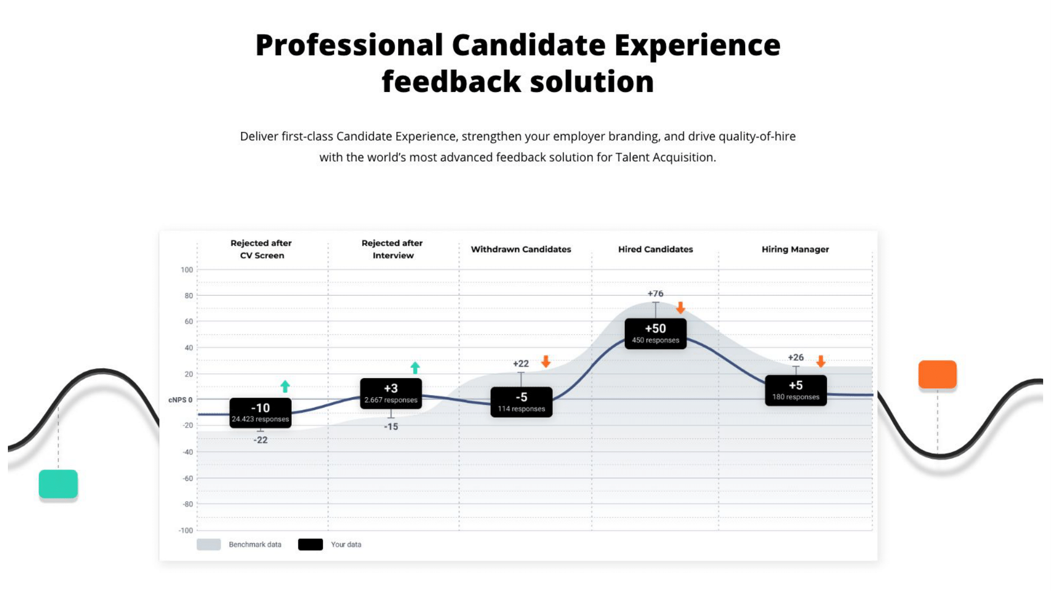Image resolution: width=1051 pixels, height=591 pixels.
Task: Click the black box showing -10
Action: (x=261, y=413)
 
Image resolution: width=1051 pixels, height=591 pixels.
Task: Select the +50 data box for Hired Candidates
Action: (x=655, y=334)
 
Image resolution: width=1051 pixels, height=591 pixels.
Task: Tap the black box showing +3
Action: (x=390, y=393)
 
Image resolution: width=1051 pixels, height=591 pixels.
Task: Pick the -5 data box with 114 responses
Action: (x=521, y=402)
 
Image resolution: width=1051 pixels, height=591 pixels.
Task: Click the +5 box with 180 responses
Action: (x=796, y=390)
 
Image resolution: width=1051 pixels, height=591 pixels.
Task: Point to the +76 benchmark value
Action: (x=655, y=294)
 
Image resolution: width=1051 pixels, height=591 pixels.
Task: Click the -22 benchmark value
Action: (x=261, y=440)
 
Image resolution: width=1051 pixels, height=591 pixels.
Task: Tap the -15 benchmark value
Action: (x=391, y=427)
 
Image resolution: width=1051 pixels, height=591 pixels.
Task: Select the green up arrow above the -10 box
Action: (x=285, y=387)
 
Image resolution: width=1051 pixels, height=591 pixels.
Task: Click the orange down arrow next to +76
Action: (x=681, y=308)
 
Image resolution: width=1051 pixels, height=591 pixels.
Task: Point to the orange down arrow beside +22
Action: (x=546, y=361)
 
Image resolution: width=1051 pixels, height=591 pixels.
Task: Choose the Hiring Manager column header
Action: (x=795, y=250)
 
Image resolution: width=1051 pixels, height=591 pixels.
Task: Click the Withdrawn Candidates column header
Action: (x=521, y=250)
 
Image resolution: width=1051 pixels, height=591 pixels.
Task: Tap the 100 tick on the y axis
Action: (x=187, y=270)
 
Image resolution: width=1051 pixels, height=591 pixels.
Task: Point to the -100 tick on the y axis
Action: (x=186, y=531)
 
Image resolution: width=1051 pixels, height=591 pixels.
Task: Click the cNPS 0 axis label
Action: (x=180, y=400)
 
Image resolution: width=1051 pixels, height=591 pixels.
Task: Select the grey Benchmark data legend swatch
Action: (x=209, y=545)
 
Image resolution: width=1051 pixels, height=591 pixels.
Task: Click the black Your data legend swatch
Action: (x=311, y=545)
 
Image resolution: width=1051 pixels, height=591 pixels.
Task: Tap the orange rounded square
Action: (x=937, y=375)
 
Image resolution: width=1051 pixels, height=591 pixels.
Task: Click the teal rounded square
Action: (x=58, y=484)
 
